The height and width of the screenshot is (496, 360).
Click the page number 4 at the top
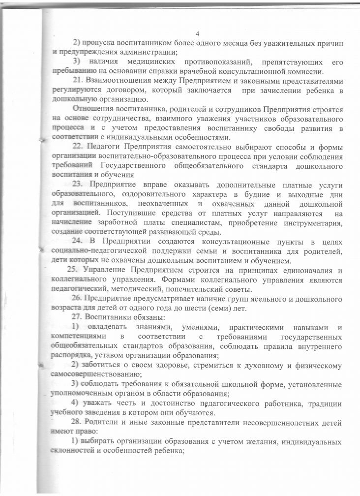point(197,33)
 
